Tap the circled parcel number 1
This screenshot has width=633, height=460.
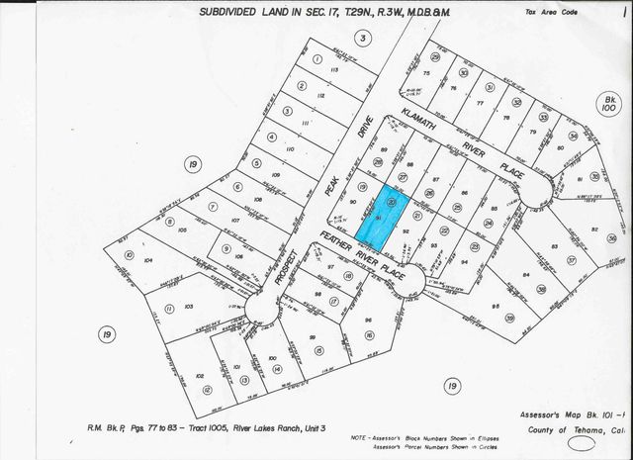317,58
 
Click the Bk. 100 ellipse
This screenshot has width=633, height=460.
606,104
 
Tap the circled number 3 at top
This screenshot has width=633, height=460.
364,38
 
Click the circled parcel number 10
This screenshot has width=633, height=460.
130,254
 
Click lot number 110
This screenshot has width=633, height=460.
290,148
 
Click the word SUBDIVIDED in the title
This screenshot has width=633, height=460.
235,11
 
